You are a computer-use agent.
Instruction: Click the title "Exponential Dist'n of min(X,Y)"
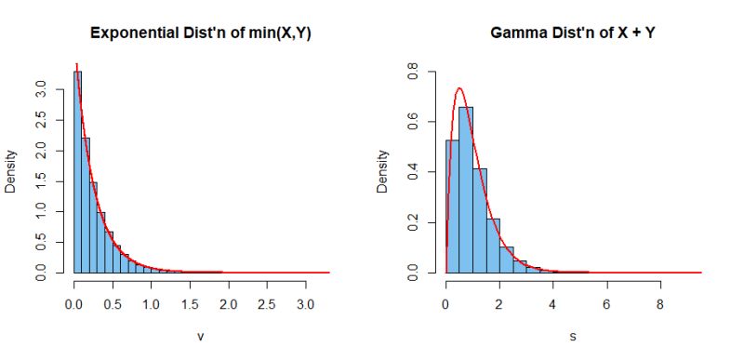pos(201,33)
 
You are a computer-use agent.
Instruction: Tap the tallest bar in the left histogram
pos(78,172)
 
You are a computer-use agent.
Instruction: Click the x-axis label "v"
pos(201,336)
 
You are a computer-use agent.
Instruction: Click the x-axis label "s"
pos(573,336)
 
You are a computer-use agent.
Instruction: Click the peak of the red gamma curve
pos(459,88)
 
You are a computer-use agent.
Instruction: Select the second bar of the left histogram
pos(86,205)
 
